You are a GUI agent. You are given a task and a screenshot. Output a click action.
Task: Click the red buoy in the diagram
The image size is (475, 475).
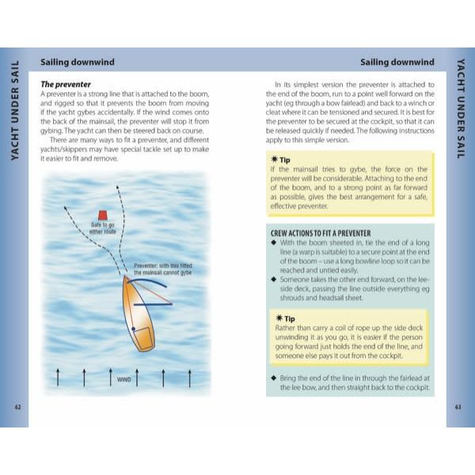click(103, 215)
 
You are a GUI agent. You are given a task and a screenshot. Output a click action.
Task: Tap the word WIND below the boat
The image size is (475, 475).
click(123, 379)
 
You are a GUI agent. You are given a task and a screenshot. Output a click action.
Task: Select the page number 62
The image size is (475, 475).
click(18, 407)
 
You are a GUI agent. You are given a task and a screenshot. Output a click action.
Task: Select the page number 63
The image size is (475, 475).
click(458, 407)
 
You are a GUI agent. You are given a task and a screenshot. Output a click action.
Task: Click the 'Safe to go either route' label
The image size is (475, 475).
click(104, 230)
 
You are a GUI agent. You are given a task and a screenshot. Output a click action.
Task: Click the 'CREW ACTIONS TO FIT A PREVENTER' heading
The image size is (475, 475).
click(321, 234)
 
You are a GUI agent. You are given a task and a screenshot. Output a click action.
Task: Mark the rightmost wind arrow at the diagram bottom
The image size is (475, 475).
click(189, 378)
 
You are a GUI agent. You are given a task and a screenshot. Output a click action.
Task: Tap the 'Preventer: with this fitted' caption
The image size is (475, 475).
click(164, 266)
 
